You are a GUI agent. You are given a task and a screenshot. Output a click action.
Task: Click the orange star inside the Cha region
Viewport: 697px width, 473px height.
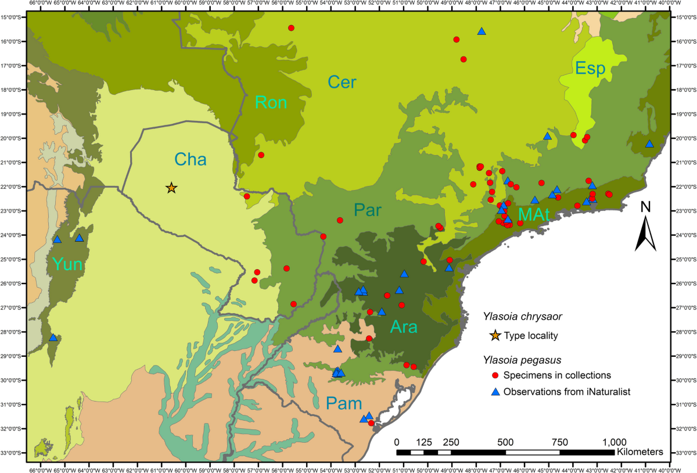(171, 188)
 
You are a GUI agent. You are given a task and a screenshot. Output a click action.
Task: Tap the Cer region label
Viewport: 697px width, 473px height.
(342, 82)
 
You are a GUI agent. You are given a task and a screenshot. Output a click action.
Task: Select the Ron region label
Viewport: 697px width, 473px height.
(271, 103)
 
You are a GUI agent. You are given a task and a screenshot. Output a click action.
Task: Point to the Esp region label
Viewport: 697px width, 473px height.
(590, 69)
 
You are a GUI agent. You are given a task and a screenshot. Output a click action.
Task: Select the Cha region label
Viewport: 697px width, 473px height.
(191, 159)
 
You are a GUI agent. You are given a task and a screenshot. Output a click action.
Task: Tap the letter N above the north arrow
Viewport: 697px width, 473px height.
(645, 207)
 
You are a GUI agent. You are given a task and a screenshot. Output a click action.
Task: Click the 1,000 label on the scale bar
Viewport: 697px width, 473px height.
(615, 440)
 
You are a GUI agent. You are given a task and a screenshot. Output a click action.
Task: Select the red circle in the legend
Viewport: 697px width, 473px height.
(495, 375)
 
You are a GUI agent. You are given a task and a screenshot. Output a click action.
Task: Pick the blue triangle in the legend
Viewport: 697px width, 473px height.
(495, 392)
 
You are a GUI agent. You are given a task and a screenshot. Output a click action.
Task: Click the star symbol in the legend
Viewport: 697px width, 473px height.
(495, 335)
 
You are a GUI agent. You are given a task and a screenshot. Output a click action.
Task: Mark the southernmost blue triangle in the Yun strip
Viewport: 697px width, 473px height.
(53, 338)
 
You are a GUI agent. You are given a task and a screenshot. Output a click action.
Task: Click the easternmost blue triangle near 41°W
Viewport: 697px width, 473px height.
(649, 144)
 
